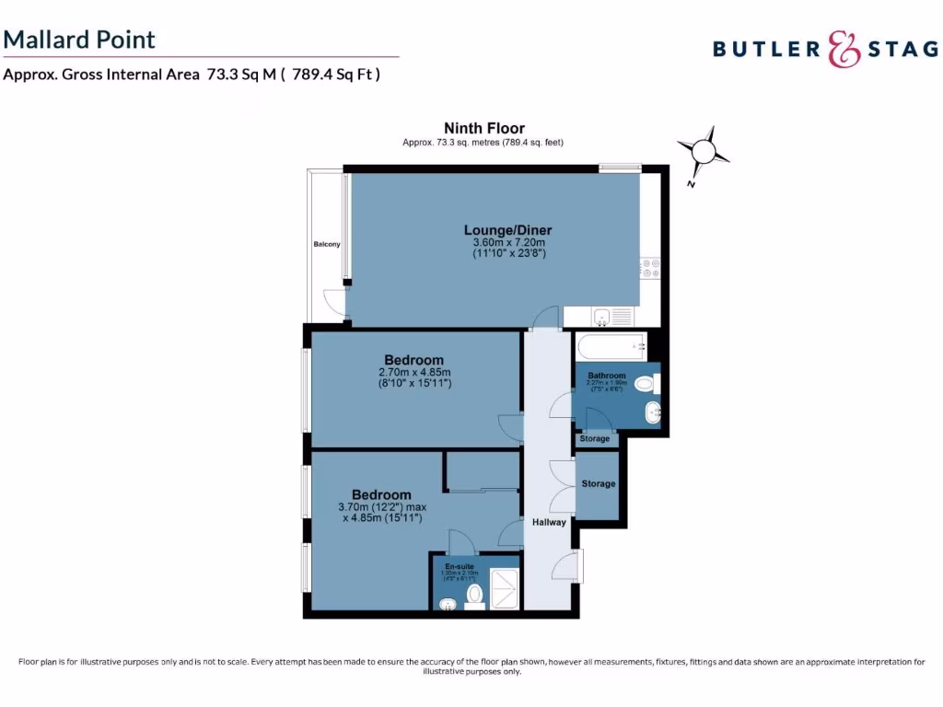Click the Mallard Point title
coord(79,40)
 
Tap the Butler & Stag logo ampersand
coord(844,49)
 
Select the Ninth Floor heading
coord(483,128)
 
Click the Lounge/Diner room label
coord(507,230)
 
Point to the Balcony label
coord(326,244)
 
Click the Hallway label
coord(549,523)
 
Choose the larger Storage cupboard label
coord(598,484)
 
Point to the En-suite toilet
coord(475,595)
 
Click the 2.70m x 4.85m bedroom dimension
coord(413,372)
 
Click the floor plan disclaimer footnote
coord(471,666)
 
